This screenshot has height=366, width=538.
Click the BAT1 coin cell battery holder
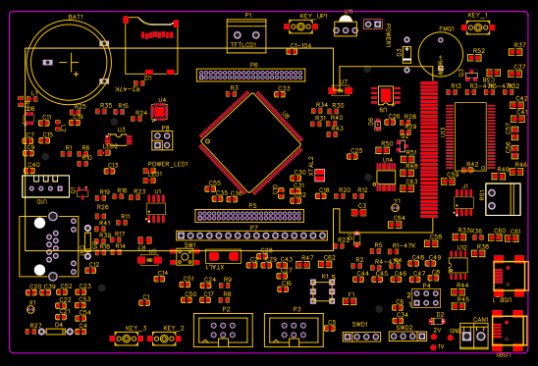point(68,62)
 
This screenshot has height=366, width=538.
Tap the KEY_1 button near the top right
point(477,26)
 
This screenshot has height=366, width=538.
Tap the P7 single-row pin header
point(251,235)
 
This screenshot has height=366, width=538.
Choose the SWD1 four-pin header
point(361,337)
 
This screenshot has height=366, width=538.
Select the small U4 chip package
point(159,112)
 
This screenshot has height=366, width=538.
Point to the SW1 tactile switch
point(184,258)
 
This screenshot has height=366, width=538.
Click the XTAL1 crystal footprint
point(224,256)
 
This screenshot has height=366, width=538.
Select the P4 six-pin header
point(425,296)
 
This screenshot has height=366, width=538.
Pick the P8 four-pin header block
point(163,140)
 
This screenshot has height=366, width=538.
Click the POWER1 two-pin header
point(372,24)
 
